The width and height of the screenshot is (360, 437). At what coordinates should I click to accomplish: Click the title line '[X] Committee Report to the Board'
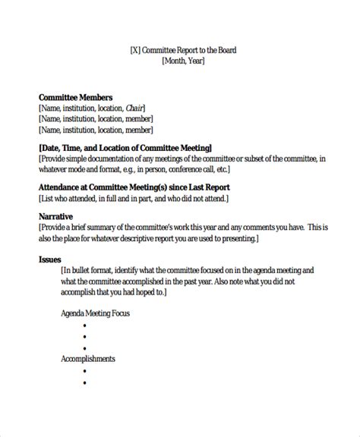point(183,51)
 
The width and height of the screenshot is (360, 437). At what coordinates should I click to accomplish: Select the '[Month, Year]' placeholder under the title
point(183,62)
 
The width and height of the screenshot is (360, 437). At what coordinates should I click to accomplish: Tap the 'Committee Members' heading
point(75,97)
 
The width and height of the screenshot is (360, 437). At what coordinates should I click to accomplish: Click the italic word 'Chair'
point(134,108)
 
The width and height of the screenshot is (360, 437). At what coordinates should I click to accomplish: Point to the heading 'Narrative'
point(55,216)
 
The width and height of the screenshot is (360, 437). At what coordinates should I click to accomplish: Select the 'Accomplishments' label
point(87,358)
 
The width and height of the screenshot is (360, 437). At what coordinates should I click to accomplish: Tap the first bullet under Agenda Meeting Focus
point(84,324)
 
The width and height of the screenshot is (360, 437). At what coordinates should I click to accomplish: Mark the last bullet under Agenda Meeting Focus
point(84,347)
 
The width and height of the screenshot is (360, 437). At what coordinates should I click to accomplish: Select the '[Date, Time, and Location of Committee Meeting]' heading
point(114,147)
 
